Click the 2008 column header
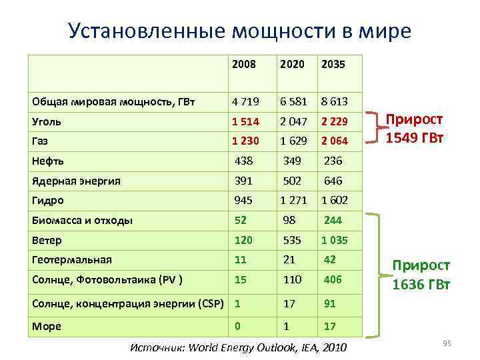click(245, 65)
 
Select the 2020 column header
click(292, 65)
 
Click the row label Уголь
click(47, 122)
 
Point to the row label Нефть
click(48, 161)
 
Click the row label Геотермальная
click(72, 259)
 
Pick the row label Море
click(47, 326)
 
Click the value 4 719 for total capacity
click(246, 102)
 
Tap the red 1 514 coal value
click(246, 122)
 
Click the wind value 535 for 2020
click(292, 240)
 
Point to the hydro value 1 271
click(293, 200)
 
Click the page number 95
click(447, 343)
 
